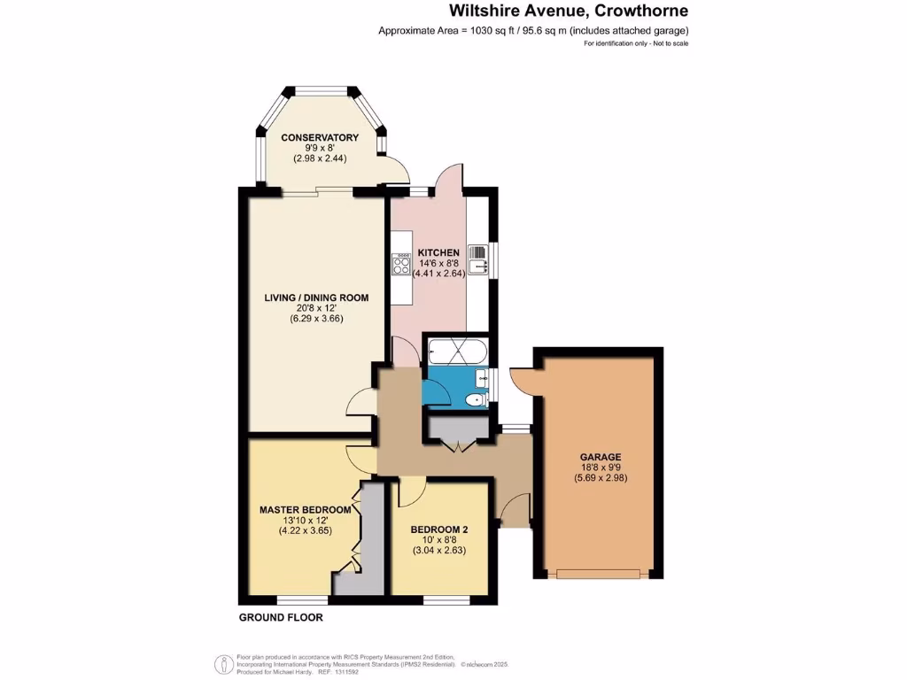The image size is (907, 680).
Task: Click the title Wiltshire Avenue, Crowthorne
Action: [568, 12]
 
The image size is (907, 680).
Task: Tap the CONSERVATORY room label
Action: [320, 137]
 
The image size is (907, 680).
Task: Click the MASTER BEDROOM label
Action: [305, 510]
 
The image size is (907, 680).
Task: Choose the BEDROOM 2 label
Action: [438, 529]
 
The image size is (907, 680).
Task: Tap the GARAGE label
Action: [601, 457]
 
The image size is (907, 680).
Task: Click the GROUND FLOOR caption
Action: [281, 617]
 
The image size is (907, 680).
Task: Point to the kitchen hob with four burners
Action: [400, 264]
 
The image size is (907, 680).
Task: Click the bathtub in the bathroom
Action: [454, 352]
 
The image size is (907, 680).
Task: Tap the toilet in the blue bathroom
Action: [478, 399]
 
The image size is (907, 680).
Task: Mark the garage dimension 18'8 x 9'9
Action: [601, 468]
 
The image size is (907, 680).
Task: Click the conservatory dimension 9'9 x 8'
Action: [320, 148]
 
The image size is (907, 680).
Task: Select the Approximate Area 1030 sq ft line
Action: [533, 31]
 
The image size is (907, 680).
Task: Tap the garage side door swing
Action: [523, 379]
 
